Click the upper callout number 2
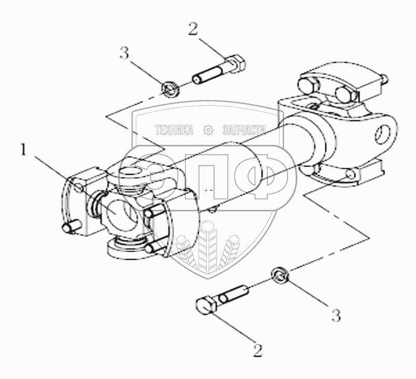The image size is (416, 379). point(193,30)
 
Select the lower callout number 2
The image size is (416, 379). point(258,351)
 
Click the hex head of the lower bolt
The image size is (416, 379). point(207,305)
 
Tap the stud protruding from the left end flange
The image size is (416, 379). point(73,227)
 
